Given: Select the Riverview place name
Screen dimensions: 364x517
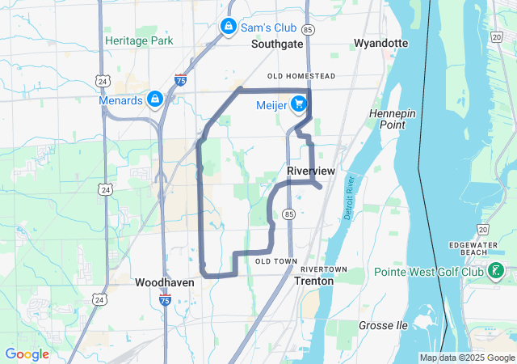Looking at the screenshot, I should tap(311, 171).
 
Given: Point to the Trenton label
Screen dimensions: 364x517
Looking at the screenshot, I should tap(313, 281).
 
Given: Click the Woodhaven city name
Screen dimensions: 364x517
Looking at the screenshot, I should tap(164, 283).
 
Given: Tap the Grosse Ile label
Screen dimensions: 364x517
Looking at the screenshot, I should tap(384, 325).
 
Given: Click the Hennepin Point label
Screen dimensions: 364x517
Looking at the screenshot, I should tap(392, 119).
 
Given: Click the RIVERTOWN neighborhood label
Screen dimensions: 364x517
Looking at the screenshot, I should tap(323, 269).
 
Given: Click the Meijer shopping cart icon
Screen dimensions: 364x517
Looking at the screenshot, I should tap(298, 104).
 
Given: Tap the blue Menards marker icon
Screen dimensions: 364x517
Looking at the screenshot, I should tap(154, 99).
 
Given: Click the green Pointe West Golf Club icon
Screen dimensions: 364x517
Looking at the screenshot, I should tap(492, 272).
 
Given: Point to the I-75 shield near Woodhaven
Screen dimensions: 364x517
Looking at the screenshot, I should tap(165, 300).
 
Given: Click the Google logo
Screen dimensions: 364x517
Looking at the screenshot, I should tap(27, 354).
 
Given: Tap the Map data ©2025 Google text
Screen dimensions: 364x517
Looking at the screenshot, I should tap(467, 358).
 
